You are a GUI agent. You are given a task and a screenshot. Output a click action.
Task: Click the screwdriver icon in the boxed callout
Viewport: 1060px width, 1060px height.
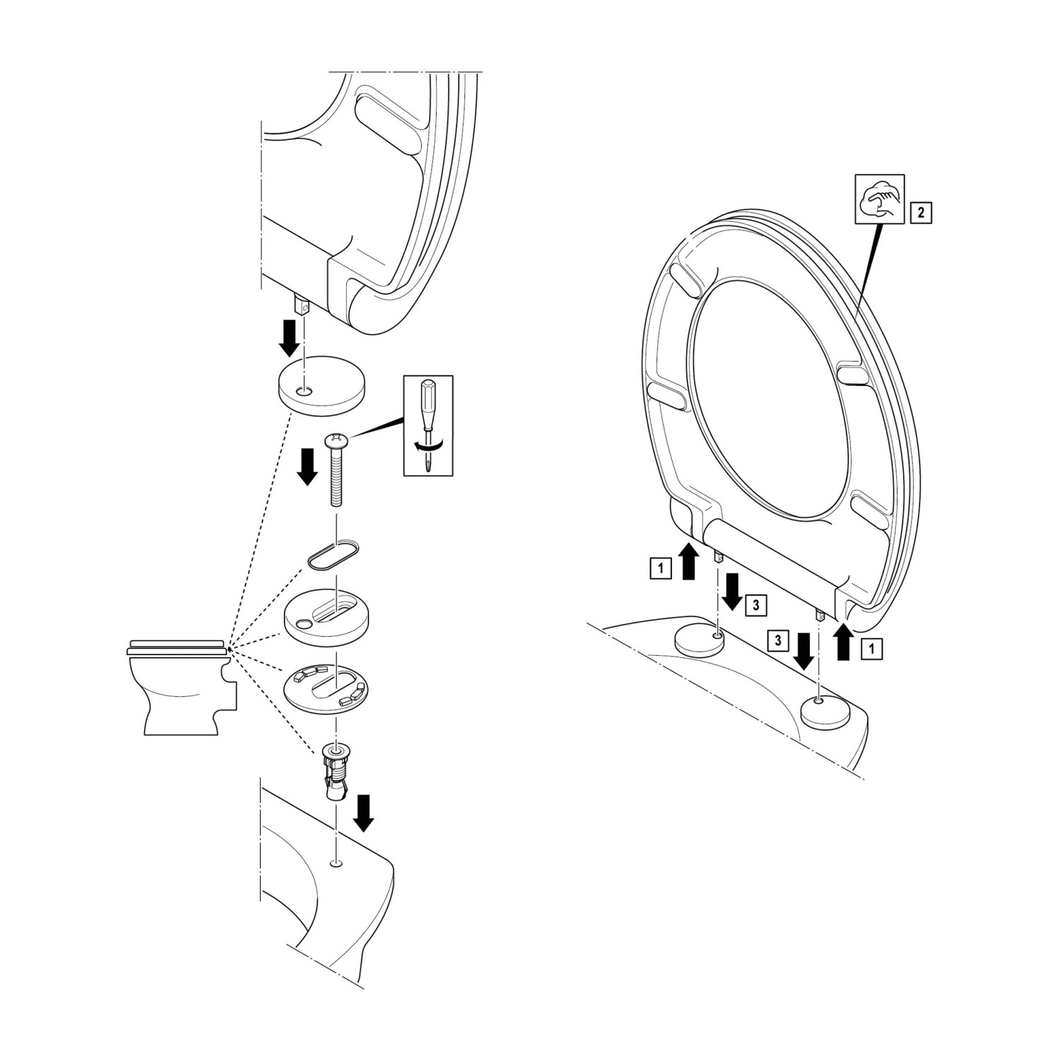(x=428, y=424)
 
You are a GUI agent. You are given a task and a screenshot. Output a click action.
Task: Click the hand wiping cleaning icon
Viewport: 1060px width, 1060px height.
(x=879, y=199)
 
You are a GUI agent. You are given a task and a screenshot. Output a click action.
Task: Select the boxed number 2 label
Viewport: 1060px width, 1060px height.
(x=921, y=211)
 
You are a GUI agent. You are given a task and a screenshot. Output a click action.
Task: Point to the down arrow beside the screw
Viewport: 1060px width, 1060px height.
(x=306, y=467)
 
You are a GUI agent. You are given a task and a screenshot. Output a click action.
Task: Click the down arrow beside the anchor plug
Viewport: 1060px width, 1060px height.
(x=364, y=813)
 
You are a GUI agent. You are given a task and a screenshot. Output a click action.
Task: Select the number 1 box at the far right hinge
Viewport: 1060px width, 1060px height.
(x=873, y=648)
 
